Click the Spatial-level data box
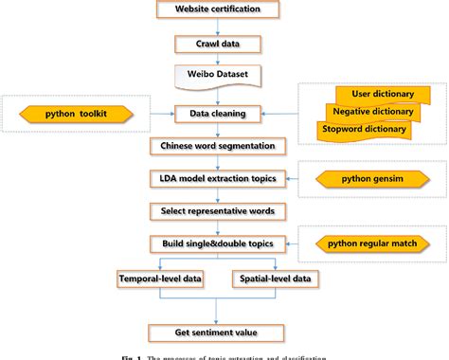click(x=274, y=279)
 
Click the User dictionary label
click(x=377, y=94)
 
